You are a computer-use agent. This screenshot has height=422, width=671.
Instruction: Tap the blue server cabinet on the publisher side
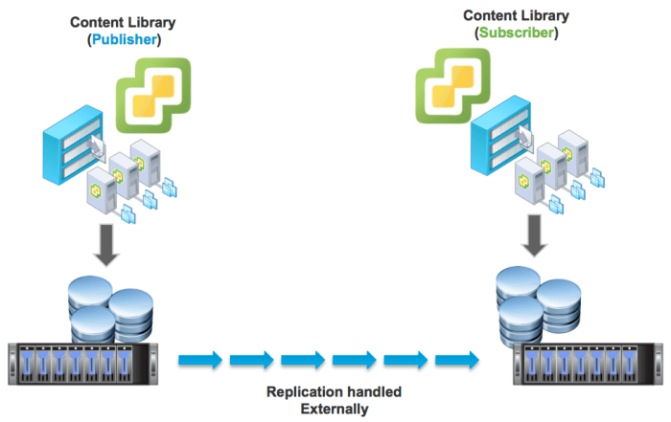coord(64,154)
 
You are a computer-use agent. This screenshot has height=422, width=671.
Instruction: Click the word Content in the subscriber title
coord(488,15)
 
